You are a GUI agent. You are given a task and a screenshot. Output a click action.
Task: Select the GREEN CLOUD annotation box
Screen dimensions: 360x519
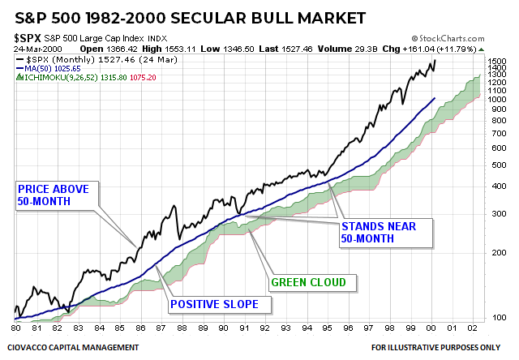308,282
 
